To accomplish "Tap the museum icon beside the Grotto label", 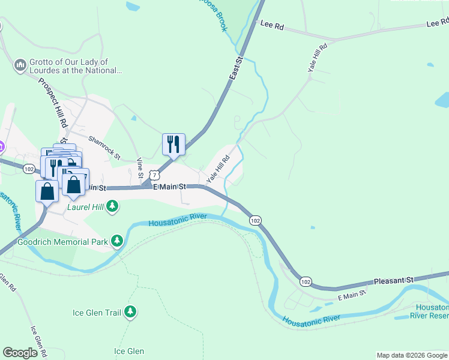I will (20, 64).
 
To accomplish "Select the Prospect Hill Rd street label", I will (52, 103).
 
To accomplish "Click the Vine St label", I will (140, 167).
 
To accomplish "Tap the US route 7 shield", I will (155, 175).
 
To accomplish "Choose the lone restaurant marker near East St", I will (173, 144).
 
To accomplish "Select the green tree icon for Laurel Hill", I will (113, 207).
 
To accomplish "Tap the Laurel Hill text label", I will (84, 208).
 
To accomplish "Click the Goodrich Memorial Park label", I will (62, 242).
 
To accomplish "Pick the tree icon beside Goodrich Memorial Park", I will (116, 242).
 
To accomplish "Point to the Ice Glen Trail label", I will (96, 313).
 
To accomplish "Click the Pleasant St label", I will (394, 280).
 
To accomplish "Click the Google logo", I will (20, 352).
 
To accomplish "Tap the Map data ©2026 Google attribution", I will (411, 355).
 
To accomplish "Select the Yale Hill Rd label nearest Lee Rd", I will (318, 58).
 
